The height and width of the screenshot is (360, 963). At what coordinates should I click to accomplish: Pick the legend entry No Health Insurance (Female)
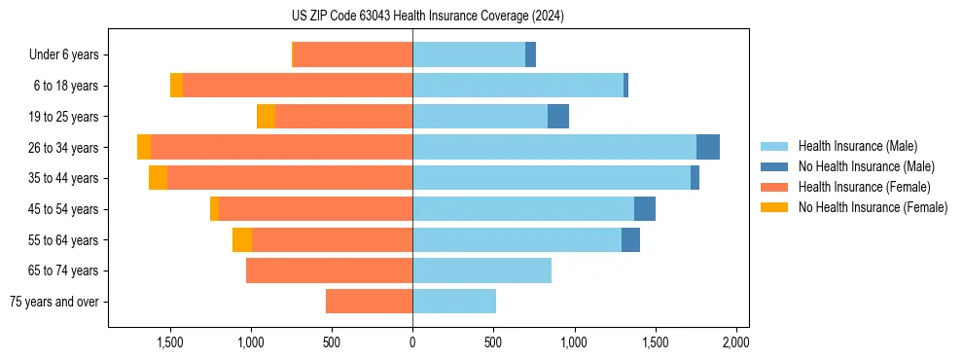tap(873, 207)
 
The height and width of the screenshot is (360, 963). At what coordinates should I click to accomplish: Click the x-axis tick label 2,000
tap(735, 343)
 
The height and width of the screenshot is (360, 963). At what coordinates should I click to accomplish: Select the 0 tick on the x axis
tap(412, 343)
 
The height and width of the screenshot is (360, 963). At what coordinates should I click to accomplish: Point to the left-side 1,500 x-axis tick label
tap(170, 343)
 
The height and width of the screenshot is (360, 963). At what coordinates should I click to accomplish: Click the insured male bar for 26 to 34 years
tap(554, 147)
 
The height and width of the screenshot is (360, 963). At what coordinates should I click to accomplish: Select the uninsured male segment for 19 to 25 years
tap(558, 117)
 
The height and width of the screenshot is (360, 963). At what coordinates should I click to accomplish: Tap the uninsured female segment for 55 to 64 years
tap(242, 240)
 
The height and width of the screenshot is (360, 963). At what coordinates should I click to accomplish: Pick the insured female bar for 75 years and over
tap(369, 302)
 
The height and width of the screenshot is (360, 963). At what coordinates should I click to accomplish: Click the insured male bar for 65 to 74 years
tap(481, 270)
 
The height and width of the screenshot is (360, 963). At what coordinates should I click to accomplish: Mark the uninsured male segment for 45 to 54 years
tap(645, 209)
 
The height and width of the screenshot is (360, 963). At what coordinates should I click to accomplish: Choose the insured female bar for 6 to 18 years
tap(298, 86)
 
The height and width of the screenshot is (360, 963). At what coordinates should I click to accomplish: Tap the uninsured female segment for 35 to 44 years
tap(158, 178)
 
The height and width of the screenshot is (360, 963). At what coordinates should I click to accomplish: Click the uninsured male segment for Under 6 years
tap(530, 54)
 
